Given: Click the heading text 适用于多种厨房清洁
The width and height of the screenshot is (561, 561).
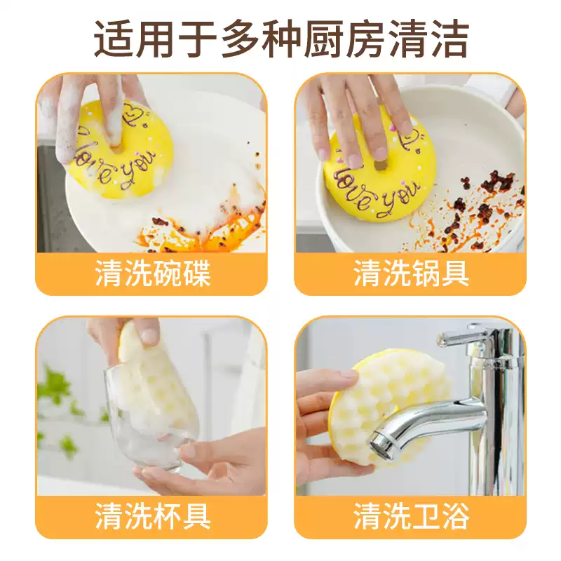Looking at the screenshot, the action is pyautogui.click(x=281, y=39).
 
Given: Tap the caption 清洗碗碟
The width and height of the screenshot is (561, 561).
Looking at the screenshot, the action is pyautogui.click(x=153, y=273).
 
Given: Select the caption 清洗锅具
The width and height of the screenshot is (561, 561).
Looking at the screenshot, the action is pyautogui.click(x=412, y=273).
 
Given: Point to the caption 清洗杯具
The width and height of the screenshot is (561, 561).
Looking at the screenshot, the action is pyautogui.click(x=153, y=515).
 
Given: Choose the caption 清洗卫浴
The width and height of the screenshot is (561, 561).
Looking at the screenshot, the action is pyautogui.click(x=412, y=515).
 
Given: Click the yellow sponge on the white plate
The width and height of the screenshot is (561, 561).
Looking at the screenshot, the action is pyautogui.click(x=123, y=150).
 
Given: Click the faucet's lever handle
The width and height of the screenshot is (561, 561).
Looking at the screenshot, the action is pyautogui.click(x=461, y=337).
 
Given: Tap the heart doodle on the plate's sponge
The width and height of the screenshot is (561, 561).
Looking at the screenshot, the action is pyautogui.click(x=133, y=111).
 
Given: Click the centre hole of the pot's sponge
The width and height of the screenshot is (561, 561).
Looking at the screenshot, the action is pyautogui.click(x=380, y=165).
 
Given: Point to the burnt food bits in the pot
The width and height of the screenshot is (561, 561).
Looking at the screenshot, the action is pyautogui.click(x=476, y=208).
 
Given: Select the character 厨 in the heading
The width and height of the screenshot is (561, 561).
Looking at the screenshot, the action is pyautogui.click(x=324, y=39).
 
